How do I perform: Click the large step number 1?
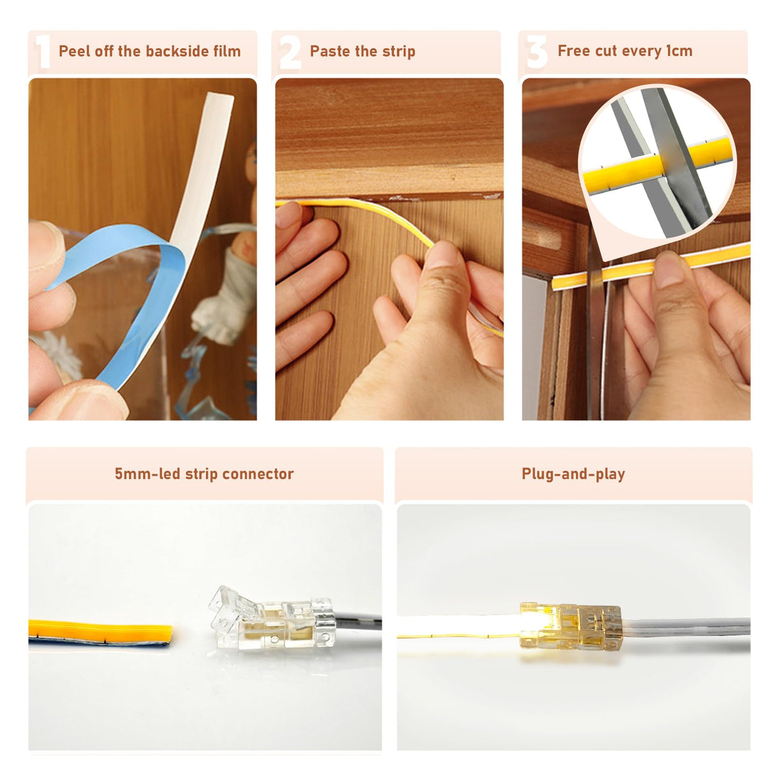42,52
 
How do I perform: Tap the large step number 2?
290,52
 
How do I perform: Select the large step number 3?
536,52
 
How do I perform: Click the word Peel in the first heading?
74,51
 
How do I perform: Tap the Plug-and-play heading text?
573,474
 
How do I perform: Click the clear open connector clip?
270,619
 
